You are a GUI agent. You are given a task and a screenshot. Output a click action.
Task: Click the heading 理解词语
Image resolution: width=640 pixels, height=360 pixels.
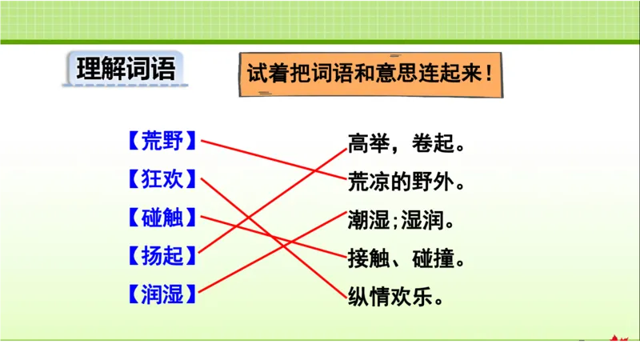[126, 70]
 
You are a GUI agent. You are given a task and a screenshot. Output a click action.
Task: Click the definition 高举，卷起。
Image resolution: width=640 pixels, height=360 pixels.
[406, 145]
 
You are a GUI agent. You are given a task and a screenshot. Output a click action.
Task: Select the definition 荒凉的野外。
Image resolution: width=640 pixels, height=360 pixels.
[406, 182]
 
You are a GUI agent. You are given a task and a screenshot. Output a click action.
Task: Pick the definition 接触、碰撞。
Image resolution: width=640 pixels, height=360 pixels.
[406, 259]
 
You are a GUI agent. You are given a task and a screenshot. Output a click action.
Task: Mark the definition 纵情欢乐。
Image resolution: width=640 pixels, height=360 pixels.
[395, 297]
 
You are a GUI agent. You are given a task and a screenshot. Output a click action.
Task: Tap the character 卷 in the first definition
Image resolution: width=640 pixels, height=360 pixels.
[425, 145]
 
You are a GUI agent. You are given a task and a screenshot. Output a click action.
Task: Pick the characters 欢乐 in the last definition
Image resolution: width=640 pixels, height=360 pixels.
[414, 297]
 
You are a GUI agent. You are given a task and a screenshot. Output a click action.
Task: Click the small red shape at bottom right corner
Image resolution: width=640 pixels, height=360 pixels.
[614, 340]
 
